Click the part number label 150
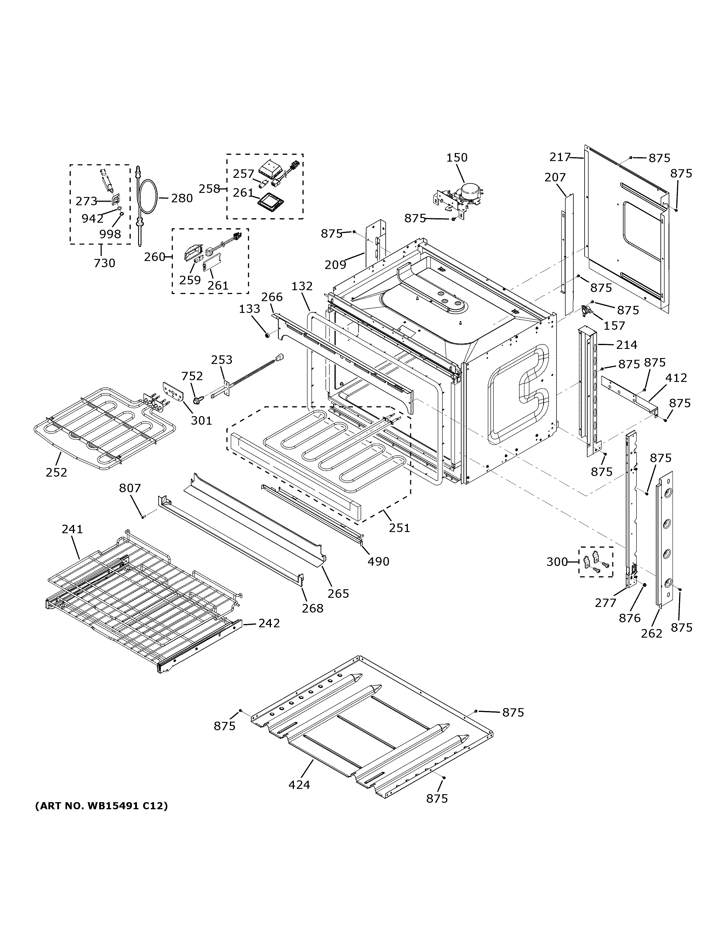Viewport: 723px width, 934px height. tap(457, 157)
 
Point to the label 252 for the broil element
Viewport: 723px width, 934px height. tap(56, 472)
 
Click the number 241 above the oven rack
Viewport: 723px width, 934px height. tap(72, 529)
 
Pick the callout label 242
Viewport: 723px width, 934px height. tap(269, 623)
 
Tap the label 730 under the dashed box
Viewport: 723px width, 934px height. tap(104, 263)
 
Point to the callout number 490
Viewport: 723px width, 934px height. tap(378, 561)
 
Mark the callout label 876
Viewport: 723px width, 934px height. tap(630, 618)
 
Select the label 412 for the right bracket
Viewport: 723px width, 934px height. tap(676, 377)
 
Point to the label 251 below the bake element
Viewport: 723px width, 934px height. tap(399, 528)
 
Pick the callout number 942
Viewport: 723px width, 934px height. tap(92, 219)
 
